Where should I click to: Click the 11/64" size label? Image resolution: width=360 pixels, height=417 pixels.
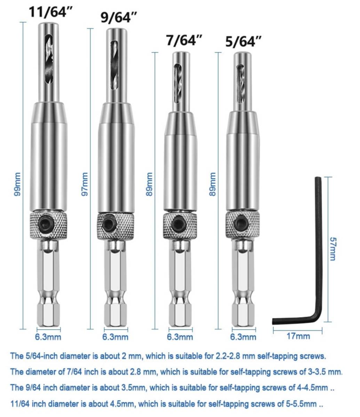tap(50, 12)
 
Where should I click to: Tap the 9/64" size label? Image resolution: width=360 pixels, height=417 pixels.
tap(119, 18)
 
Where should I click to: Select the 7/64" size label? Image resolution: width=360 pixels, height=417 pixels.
tap(184, 40)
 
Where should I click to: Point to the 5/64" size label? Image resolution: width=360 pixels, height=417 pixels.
tap(243, 42)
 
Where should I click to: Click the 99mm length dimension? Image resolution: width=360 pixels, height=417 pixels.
tap(17, 184)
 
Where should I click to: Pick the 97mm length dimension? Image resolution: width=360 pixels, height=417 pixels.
tap(85, 184)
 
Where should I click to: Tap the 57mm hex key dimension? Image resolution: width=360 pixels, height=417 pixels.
tap(333, 249)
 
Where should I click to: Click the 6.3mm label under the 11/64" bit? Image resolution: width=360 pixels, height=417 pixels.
tap(48, 337)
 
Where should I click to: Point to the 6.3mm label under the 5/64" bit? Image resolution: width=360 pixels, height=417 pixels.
tap(243, 337)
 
